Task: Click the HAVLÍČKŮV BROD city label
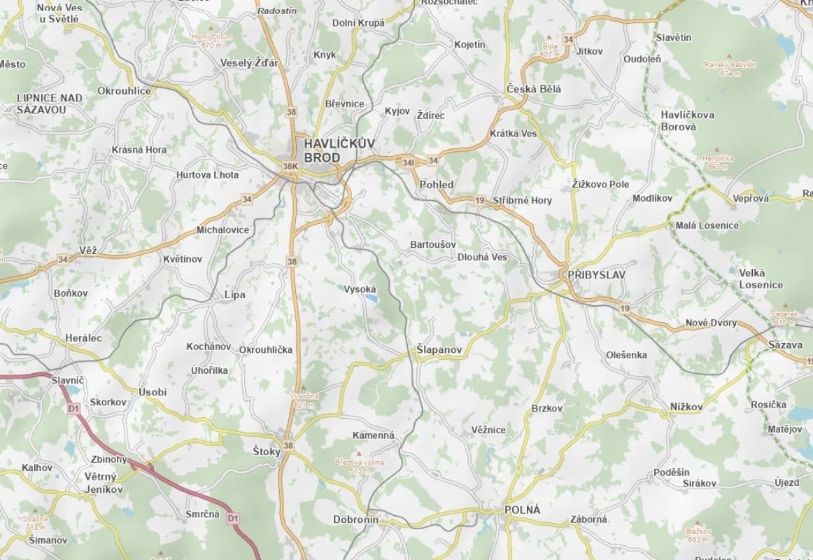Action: coord(339,150)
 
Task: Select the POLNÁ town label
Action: coord(522,510)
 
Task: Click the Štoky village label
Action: coord(266,451)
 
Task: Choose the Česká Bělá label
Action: coord(534,90)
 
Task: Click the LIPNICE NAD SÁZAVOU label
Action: coord(50,104)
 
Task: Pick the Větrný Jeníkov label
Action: coord(104,483)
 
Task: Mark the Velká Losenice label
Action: coord(761,279)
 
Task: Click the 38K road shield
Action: coord(290,167)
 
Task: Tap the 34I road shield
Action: coord(409,162)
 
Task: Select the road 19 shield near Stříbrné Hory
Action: coord(479,200)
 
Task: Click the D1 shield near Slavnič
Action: coord(73,408)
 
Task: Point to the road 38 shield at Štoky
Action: coord(288,444)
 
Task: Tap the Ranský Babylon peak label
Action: coord(730,69)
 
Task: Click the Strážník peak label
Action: coord(36,522)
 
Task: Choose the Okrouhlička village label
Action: coord(266,349)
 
